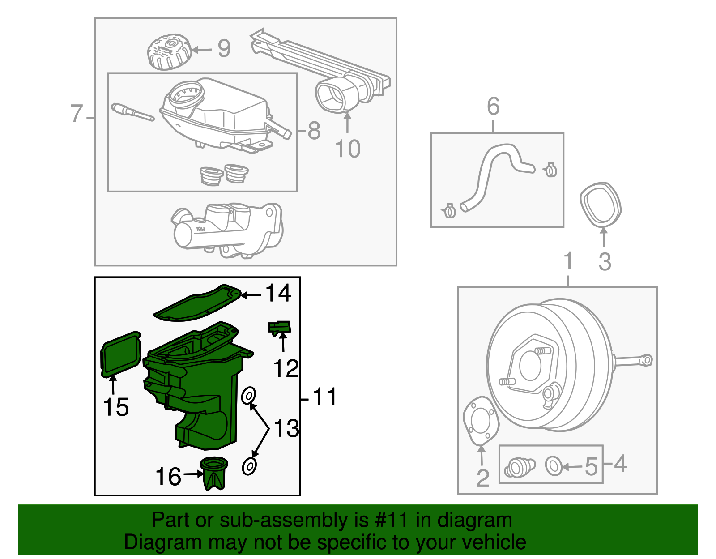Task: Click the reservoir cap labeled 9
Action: click(x=169, y=52)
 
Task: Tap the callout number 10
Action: click(x=348, y=149)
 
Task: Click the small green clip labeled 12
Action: click(x=280, y=328)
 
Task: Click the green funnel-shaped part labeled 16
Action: click(x=214, y=474)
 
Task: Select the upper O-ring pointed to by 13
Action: click(x=249, y=396)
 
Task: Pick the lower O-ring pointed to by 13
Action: click(x=249, y=466)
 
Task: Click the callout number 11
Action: click(x=325, y=397)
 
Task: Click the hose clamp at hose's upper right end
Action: click(x=551, y=170)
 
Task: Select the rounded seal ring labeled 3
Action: click(x=600, y=205)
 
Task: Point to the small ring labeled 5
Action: click(x=554, y=466)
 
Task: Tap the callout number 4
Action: click(x=620, y=464)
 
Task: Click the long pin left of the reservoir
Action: click(x=132, y=112)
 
